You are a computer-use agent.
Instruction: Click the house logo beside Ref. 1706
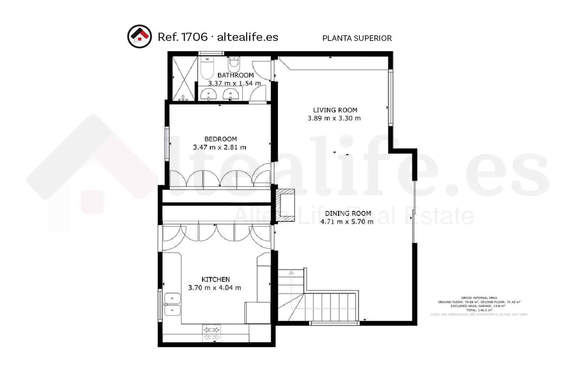(140, 36)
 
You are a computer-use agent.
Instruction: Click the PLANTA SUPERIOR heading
(357, 38)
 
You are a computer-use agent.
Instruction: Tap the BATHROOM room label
(235, 75)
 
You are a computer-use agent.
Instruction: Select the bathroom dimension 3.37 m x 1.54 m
(234, 83)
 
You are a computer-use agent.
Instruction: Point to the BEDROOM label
(221, 139)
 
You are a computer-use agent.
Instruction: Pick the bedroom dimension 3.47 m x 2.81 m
(219, 147)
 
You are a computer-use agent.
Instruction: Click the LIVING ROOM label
(335, 110)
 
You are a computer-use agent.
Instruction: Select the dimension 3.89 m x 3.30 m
(334, 118)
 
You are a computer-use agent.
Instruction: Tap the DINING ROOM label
(348, 213)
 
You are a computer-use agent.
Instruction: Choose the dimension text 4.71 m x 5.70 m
(347, 222)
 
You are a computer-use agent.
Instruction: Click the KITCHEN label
(216, 279)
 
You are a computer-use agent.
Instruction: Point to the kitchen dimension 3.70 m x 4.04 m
(214, 288)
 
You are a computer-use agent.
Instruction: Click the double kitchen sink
(172, 305)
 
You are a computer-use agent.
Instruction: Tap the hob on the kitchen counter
(211, 333)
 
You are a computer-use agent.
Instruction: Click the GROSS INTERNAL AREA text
(479, 298)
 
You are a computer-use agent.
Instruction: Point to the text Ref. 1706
(182, 37)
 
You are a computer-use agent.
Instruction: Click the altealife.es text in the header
(248, 37)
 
